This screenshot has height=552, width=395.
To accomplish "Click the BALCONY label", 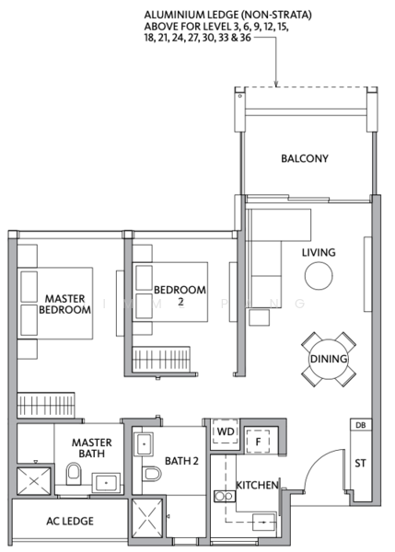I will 305,158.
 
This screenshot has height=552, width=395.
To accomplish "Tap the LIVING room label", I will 319,252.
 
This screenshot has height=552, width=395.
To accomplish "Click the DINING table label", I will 327,359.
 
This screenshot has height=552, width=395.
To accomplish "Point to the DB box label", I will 360,425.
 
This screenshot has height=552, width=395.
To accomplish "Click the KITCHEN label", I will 257,484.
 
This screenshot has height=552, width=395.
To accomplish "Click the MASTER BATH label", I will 92,447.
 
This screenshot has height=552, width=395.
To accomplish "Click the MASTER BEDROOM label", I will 64,305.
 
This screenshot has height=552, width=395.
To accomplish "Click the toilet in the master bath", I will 74,474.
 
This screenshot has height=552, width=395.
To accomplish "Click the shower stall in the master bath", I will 34,481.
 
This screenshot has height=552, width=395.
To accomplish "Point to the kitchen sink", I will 222,497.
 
